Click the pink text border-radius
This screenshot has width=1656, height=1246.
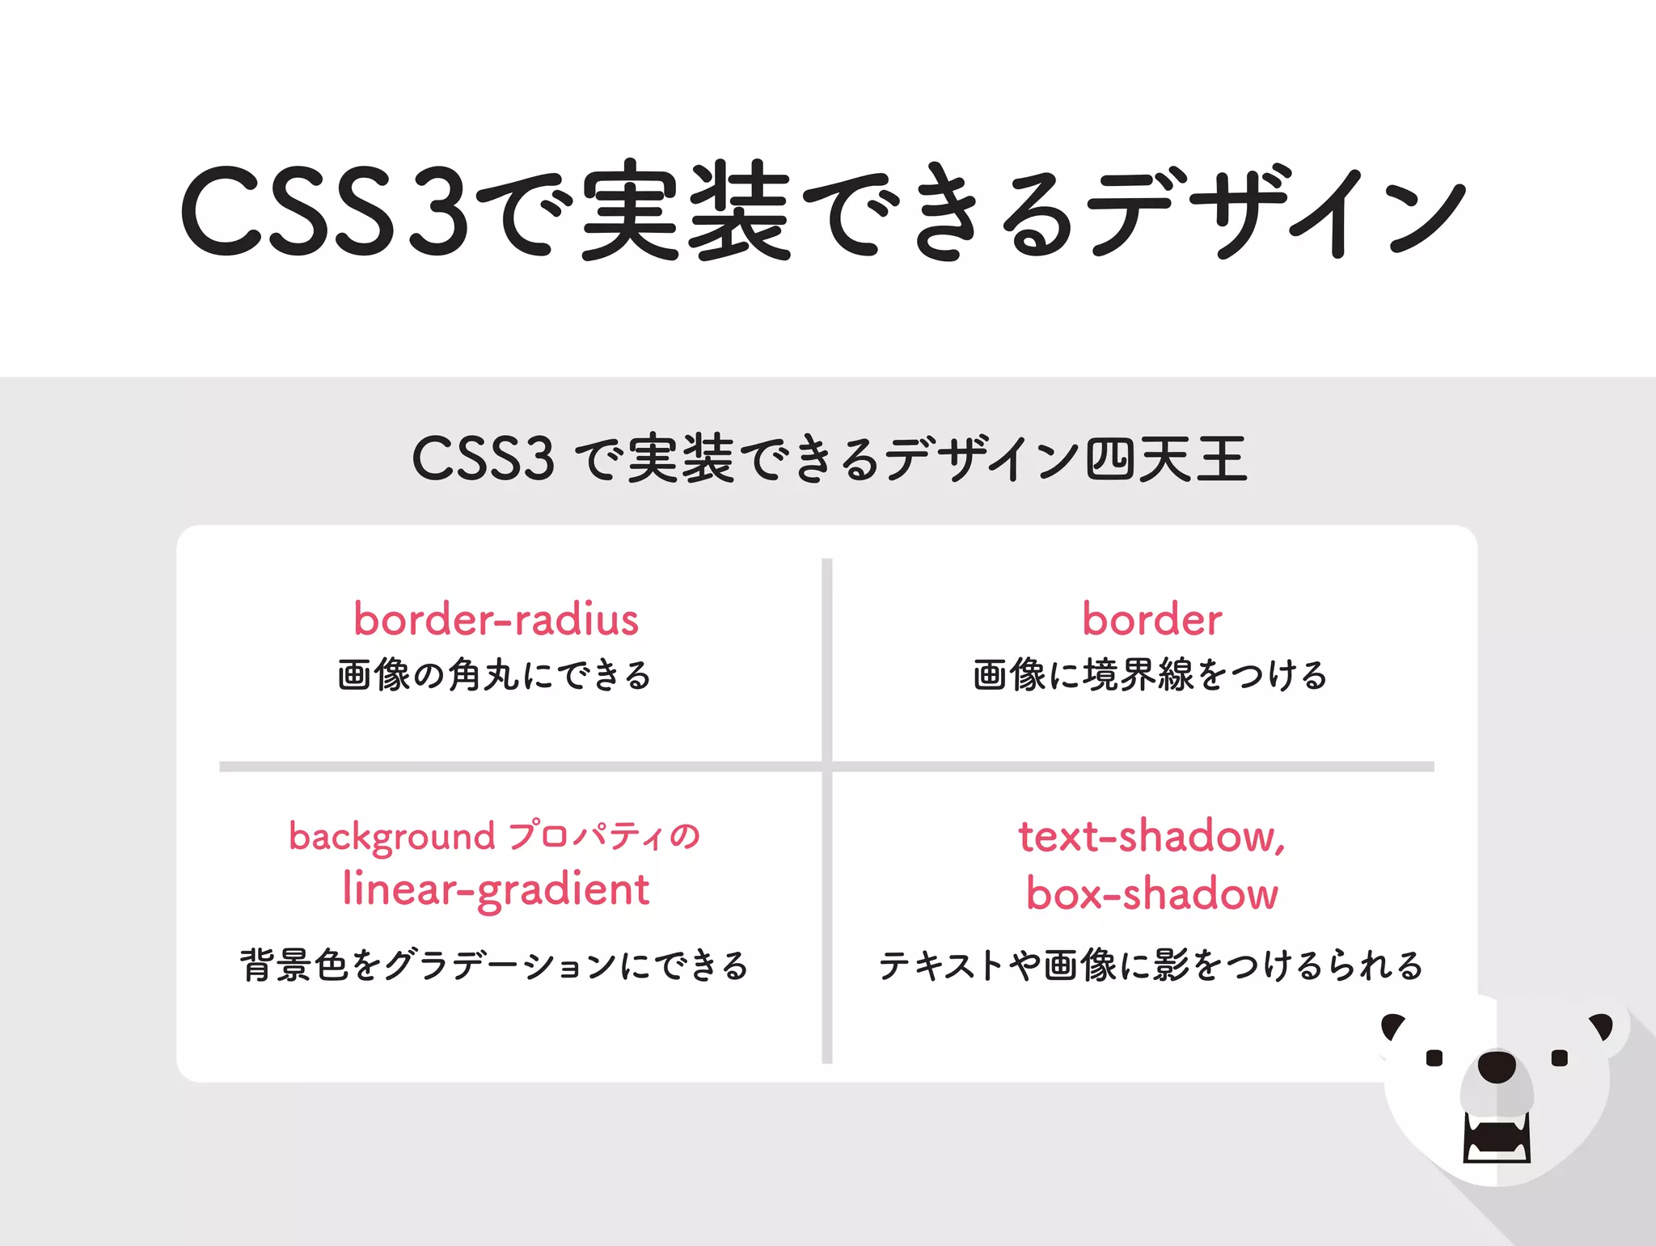(496, 620)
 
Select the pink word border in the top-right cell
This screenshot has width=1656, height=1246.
(1151, 620)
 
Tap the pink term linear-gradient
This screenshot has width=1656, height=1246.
(496, 890)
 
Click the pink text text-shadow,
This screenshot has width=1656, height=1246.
(1151, 836)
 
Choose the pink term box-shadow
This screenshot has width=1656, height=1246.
(1151, 894)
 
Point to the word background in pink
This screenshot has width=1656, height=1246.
(391, 837)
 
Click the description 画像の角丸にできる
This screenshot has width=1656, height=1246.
(494, 675)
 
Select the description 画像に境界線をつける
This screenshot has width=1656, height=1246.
(1150, 675)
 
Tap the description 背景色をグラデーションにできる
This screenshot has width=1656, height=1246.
(494, 965)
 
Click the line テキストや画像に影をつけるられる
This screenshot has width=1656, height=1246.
(1150, 965)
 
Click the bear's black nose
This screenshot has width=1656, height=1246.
(1497, 1066)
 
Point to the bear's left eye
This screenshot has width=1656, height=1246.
(1434, 1058)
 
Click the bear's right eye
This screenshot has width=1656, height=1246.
(1560, 1058)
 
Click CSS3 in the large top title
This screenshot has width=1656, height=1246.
(323, 212)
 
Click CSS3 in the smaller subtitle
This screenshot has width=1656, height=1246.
(483, 458)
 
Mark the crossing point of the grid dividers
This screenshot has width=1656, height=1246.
(826, 767)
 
